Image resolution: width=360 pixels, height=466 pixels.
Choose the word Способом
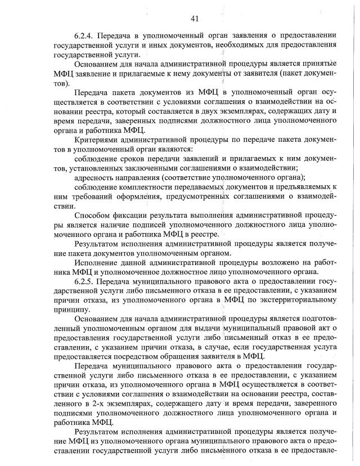click(92, 214)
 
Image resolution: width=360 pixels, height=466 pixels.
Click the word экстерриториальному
click(298, 300)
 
